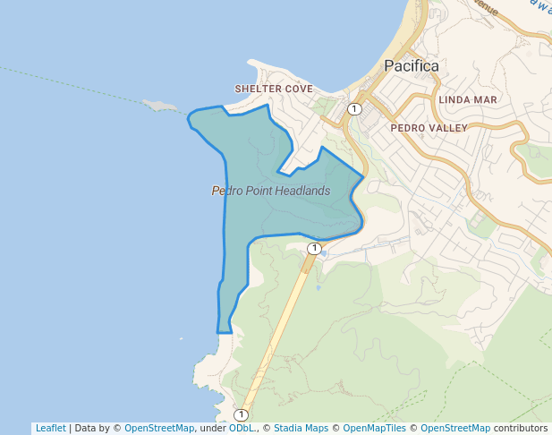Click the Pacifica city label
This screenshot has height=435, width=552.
tap(412, 66)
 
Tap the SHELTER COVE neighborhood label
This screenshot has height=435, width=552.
tap(274, 90)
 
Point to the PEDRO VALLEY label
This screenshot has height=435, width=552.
tap(429, 128)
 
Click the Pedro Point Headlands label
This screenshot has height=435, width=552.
tap(271, 191)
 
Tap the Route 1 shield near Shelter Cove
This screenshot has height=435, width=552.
tap(355, 109)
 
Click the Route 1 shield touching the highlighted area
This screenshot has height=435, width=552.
tap(314, 248)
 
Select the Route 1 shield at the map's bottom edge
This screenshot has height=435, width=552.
tap(241, 414)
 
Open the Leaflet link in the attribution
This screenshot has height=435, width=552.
tap(51, 428)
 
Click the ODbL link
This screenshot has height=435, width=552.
tap(242, 428)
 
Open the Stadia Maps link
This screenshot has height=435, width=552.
tap(301, 428)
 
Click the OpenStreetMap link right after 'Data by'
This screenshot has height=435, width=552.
tap(159, 428)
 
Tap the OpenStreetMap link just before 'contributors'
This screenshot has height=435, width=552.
tap(455, 428)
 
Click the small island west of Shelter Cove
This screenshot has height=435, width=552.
tap(162, 106)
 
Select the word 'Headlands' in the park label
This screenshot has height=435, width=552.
tap(303, 191)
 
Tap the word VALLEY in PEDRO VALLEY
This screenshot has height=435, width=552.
tap(449, 128)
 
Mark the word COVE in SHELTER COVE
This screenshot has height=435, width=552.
tap(298, 90)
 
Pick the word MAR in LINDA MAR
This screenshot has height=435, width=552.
tap(482, 99)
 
